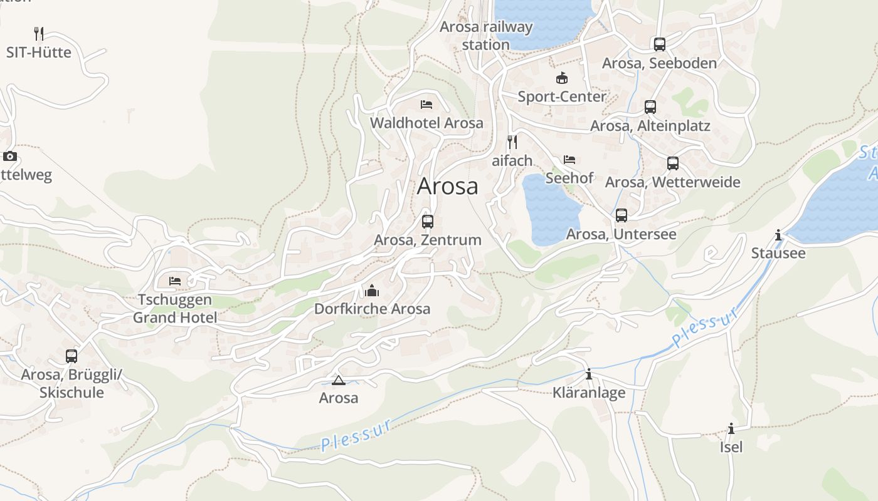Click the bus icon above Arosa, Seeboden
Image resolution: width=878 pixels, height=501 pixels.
click(x=659, y=44)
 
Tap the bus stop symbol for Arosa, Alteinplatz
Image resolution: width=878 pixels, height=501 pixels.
click(x=650, y=106)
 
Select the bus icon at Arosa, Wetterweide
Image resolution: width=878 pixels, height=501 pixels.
click(x=673, y=163)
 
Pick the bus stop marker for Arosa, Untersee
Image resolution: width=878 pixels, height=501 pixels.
click(x=621, y=215)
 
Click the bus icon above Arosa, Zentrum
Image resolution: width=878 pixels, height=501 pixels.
click(x=428, y=221)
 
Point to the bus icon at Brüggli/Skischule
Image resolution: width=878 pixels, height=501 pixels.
click(x=71, y=356)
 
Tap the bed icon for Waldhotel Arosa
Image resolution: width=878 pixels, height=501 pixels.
click(x=426, y=104)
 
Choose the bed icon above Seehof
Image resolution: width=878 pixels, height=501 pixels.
click(x=569, y=160)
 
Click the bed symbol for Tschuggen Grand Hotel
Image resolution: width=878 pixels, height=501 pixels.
click(x=175, y=281)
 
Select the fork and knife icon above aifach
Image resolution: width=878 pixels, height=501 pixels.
click(x=512, y=142)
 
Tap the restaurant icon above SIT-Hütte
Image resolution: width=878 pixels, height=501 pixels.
click(x=39, y=33)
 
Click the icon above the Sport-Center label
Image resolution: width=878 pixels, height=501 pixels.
click(x=561, y=78)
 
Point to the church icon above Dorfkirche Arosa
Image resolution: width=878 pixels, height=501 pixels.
click(x=372, y=291)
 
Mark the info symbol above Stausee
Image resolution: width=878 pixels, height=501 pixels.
click(x=778, y=235)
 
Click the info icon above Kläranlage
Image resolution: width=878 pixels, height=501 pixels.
click(x=589, y=374)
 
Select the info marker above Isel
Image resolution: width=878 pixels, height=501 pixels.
click(x=731, y=428)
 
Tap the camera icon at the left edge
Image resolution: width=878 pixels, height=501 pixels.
click(x=10, y=156)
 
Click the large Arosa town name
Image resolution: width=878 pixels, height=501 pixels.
click(x=447, y=186)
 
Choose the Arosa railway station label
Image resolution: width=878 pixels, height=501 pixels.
click(x=486, y=36)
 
